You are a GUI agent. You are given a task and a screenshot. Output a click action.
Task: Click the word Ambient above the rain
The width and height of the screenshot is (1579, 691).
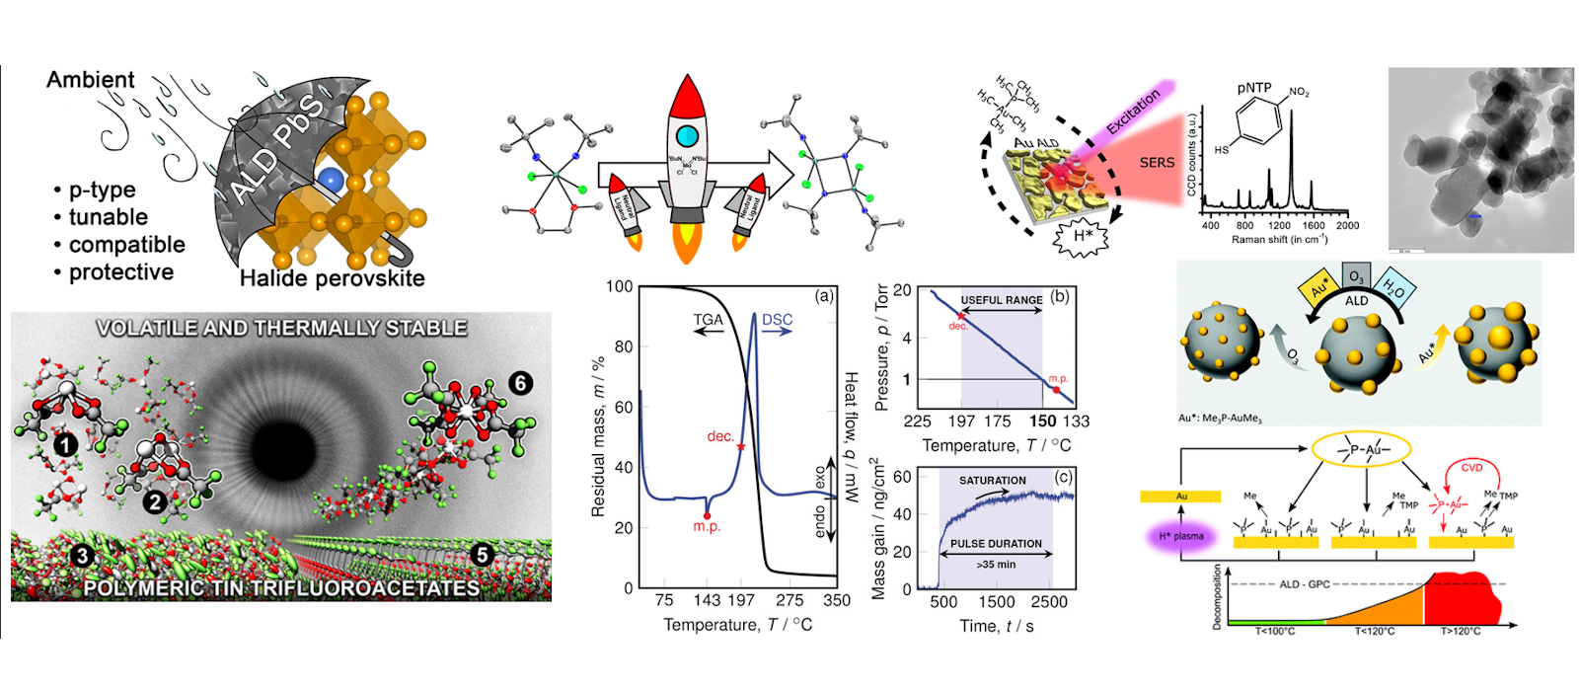(x=90, y=80)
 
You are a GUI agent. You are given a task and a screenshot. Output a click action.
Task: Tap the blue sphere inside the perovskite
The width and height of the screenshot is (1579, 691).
(x=333, y=180)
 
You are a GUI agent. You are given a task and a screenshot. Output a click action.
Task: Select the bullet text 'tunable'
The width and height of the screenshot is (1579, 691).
(x=108, y=217)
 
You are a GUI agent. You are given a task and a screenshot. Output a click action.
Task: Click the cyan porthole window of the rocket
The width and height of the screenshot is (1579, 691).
(x=687, y=136)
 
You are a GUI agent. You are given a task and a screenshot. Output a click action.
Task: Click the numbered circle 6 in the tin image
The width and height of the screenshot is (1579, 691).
(x=520, y=382)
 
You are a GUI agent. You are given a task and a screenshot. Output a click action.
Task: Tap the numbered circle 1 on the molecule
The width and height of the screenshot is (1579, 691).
(x=65, y=445)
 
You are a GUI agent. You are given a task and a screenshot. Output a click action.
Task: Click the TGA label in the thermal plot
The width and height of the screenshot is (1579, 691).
(x=708, y=320)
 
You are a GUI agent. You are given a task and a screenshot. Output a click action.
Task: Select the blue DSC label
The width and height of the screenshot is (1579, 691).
(x=777, y=320)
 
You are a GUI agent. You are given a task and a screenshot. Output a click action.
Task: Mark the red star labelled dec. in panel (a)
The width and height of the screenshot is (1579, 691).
(x=741, y=447)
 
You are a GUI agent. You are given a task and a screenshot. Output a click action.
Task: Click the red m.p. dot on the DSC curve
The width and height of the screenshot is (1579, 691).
(x=707, y=515)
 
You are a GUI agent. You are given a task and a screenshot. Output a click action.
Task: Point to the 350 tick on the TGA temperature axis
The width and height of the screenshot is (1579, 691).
(x=836, y=600)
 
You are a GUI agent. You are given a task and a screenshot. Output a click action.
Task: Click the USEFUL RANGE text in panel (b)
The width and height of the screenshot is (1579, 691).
(x=1001, y=300)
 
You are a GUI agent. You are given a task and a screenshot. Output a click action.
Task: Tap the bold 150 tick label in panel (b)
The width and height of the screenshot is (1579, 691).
(x=1042, y=422)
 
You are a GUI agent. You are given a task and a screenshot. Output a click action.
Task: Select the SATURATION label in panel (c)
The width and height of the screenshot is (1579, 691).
(x=992, y=481)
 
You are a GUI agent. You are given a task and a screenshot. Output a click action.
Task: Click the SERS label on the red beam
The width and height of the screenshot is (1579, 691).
(x=1157, y=163)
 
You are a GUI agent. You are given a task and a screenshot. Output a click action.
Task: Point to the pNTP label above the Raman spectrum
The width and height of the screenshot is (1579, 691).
(x=1254, y=88)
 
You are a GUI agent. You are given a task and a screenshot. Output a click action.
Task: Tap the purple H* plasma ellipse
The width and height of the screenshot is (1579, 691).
(x=1181, y=536)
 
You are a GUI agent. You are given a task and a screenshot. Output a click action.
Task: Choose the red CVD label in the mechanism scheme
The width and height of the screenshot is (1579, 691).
(x=1471, y=468)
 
